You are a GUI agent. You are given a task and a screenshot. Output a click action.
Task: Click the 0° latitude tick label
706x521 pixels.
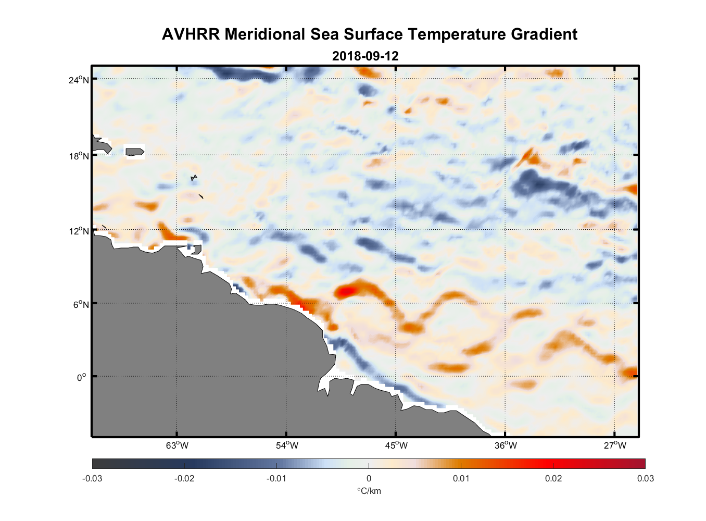[x=82, y=377]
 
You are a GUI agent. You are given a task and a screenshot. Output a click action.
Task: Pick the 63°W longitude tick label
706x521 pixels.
[x=177, y=445]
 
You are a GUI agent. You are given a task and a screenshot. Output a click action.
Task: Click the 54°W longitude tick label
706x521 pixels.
[x=287, y=445]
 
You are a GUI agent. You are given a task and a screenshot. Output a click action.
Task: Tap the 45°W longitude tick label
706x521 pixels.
[x=396, y=445]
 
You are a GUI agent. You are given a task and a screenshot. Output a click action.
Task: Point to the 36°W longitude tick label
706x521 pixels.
[x=506, y=445]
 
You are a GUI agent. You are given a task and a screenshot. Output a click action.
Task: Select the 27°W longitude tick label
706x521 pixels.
[x=615, y=445]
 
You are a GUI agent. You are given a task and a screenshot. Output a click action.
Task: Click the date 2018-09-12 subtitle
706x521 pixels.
[x=365, y=56]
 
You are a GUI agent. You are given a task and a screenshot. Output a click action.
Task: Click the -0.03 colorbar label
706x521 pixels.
[x=92, y=478]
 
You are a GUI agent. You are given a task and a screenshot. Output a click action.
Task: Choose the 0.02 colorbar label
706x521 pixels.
[x=553, y=478]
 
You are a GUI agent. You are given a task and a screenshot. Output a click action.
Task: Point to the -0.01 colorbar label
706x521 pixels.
[x=276, y=478]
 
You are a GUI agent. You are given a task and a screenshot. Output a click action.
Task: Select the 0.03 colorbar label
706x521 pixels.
[x=645, y=478]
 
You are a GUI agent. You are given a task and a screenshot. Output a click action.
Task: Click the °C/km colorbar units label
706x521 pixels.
[x=369, y=491]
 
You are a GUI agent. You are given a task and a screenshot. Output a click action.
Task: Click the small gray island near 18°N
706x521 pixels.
[x=135, y=152]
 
